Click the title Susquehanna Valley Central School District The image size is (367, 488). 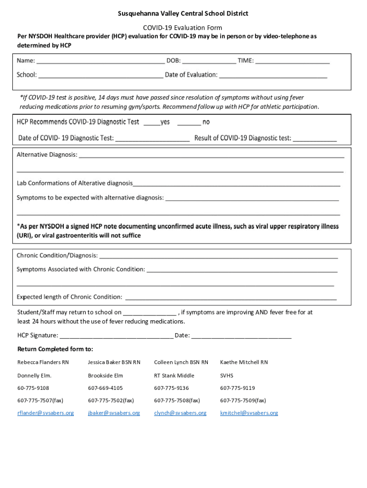coord(183,14)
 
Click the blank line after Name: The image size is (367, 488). coord(100,61)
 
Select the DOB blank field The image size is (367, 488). coord(209,61)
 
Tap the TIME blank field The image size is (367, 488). coord(293,61)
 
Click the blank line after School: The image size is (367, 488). coord(101,75)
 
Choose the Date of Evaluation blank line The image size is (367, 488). coord(273,75)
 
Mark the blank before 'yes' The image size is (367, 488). coord(152,122)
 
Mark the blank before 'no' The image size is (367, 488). coord(189,122)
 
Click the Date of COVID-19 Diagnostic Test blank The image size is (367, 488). coord(153,139)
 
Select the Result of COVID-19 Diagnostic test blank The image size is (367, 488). coord(315,139)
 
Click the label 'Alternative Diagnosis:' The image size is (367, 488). coord(47,155)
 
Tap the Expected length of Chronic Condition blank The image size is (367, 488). coord(230,297)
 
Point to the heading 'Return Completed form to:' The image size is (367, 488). coord(55,349)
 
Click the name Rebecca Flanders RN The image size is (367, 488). coord(43,363)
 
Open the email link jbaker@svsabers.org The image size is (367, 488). coord(114,413)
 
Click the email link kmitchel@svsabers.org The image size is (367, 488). coord(249,413)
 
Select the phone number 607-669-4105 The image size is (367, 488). coord(105,388)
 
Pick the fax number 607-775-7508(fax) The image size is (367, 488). coord(177,400)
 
